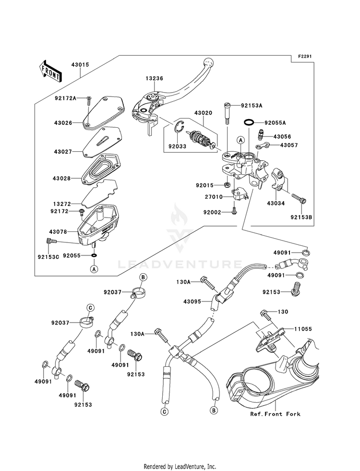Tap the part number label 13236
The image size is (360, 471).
point(155,78)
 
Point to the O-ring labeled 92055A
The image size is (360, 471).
point(249,122)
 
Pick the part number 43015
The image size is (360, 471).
point(80,65)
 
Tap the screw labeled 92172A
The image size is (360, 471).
point(89,100)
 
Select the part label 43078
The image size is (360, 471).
point(58,232)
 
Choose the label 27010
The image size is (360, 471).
point(214,197)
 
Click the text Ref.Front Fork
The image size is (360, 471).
point(276,414)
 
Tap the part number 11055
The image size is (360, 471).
point(303,329)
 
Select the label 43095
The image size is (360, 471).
point(192,302)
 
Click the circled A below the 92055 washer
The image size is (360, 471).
point(94,269)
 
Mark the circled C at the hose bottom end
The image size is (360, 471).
point(164,411)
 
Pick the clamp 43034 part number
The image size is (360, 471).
point(276,204)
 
